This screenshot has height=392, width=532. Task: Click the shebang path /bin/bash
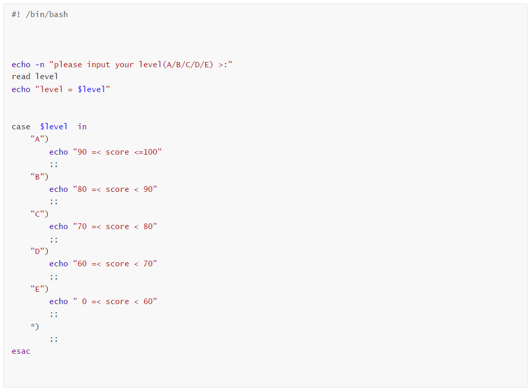47,14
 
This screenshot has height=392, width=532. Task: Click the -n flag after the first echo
40,65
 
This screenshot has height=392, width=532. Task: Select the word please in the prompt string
68,65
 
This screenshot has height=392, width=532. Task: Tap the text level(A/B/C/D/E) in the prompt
176,65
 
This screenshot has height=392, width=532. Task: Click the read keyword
21,77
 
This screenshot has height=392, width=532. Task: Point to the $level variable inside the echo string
91,89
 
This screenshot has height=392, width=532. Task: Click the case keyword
21,127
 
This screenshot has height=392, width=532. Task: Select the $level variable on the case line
54,127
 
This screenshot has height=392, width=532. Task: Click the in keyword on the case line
82,127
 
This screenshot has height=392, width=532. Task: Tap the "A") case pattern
40,139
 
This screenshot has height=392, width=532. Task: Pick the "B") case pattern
40,177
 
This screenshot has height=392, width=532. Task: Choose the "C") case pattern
40,214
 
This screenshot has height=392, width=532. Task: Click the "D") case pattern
40,251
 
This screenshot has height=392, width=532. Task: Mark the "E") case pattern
40,289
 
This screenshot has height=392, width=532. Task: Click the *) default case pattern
35,326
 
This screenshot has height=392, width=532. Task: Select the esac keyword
21,351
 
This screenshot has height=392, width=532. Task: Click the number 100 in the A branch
150,152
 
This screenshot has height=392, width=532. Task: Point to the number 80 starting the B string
82,189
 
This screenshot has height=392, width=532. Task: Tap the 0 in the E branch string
84,301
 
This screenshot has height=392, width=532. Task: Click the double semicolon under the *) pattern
54,339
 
